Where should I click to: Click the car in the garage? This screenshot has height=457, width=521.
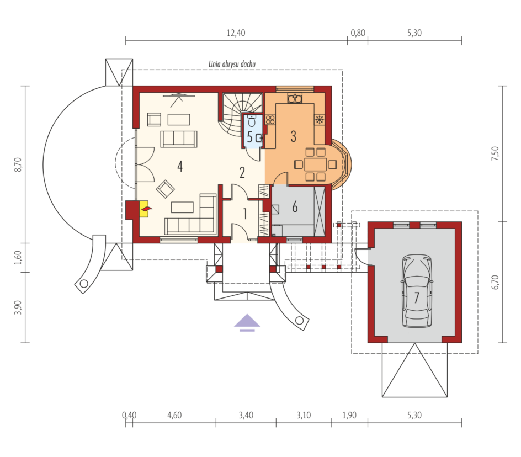(417, 291)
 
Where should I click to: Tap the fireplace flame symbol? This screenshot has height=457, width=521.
(146, 209)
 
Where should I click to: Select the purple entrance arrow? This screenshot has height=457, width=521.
(247, 322)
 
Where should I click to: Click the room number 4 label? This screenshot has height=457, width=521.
(180, 166)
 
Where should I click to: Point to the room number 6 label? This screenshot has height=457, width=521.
(295, 207)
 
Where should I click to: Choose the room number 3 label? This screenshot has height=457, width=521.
(294, 136)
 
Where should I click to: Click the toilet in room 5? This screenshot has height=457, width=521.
(252, 121)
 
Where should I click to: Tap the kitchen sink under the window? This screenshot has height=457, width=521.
(295, 98)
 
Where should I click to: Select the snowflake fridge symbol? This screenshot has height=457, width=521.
(320, 120)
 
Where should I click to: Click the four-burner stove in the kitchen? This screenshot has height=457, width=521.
(270, 120)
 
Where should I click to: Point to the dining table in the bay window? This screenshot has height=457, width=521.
(315, 164)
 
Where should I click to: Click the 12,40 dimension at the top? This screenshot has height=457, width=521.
(236, 33)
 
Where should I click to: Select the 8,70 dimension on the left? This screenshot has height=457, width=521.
(18, 164)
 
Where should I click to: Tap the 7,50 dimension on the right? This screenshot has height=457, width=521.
(495, 153)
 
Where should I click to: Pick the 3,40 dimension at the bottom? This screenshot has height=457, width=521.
(246, 415)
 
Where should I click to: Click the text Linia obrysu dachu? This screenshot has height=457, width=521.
(232, 64)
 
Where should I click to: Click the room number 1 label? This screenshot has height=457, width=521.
(245, 214)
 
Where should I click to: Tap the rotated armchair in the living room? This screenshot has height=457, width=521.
(166, 189)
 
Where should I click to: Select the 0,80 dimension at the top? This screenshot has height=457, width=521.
(358, 33)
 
